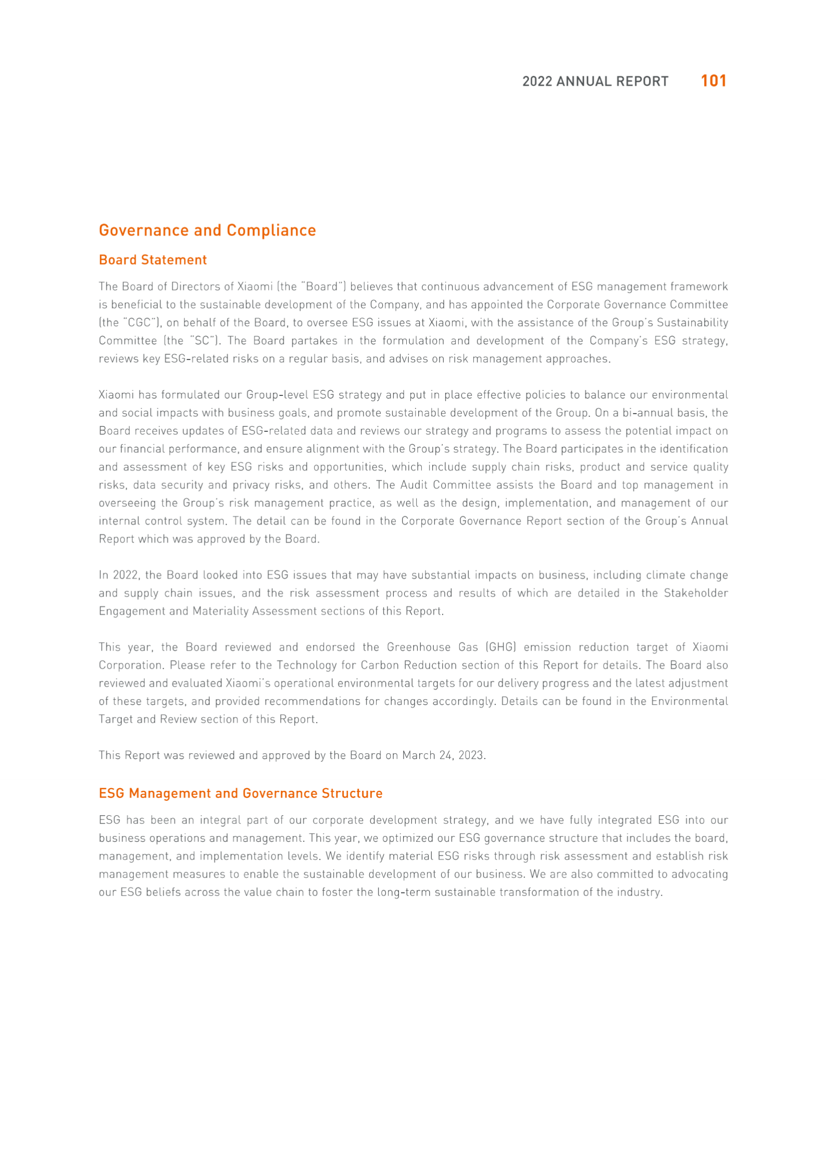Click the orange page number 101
(713, 81)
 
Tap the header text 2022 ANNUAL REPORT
(595, 82)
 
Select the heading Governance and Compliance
(207, 230)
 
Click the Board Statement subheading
(153, 260)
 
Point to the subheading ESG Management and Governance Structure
(241, 793)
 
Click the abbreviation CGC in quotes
(140, 323)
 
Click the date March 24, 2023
(444, 755)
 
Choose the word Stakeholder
(695, 593)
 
